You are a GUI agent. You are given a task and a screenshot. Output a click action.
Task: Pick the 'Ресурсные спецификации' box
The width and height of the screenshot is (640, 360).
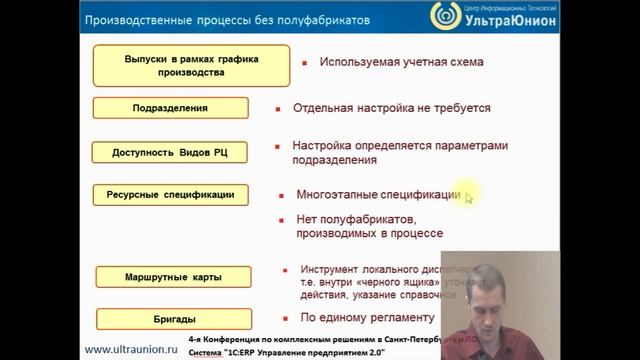tap(170, 196)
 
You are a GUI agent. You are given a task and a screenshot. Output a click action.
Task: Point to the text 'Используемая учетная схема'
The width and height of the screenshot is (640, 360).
tap(401, 62)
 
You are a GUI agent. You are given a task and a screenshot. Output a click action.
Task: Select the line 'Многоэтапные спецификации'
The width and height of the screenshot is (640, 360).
tap(379, 195)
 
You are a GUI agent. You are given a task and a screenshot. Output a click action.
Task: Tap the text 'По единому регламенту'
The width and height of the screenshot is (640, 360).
tap(367, 318)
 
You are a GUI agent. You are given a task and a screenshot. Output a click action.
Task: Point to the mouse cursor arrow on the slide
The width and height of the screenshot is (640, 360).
tap(468, 198)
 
